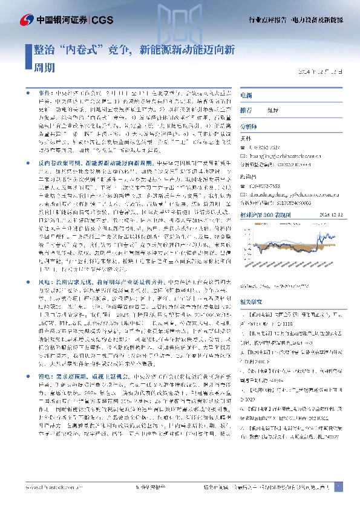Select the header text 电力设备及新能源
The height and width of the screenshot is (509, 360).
point(319,20)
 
